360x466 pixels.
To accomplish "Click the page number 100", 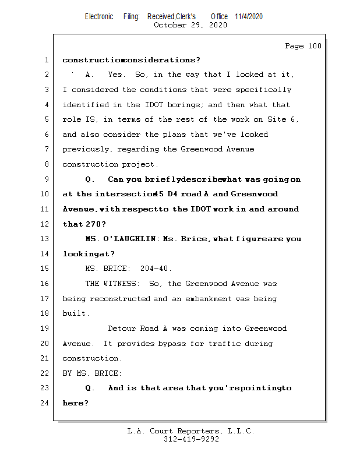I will coord(314,46).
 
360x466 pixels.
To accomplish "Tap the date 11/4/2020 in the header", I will coord(249,17).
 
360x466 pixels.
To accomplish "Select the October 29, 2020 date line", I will coord(190,25).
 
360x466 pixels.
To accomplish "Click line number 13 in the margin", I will coord(45,239).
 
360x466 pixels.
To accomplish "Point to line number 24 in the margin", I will coord(45,403).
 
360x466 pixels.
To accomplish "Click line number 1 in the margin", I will coord(45,60).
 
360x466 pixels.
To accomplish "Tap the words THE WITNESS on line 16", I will coord(112,284).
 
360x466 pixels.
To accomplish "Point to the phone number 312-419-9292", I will coord(191,440).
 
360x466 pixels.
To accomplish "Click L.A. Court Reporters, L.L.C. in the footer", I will coord(190,432).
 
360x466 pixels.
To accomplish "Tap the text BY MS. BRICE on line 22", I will coord(92,373).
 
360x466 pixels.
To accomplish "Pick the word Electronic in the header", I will coord(99,17).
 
